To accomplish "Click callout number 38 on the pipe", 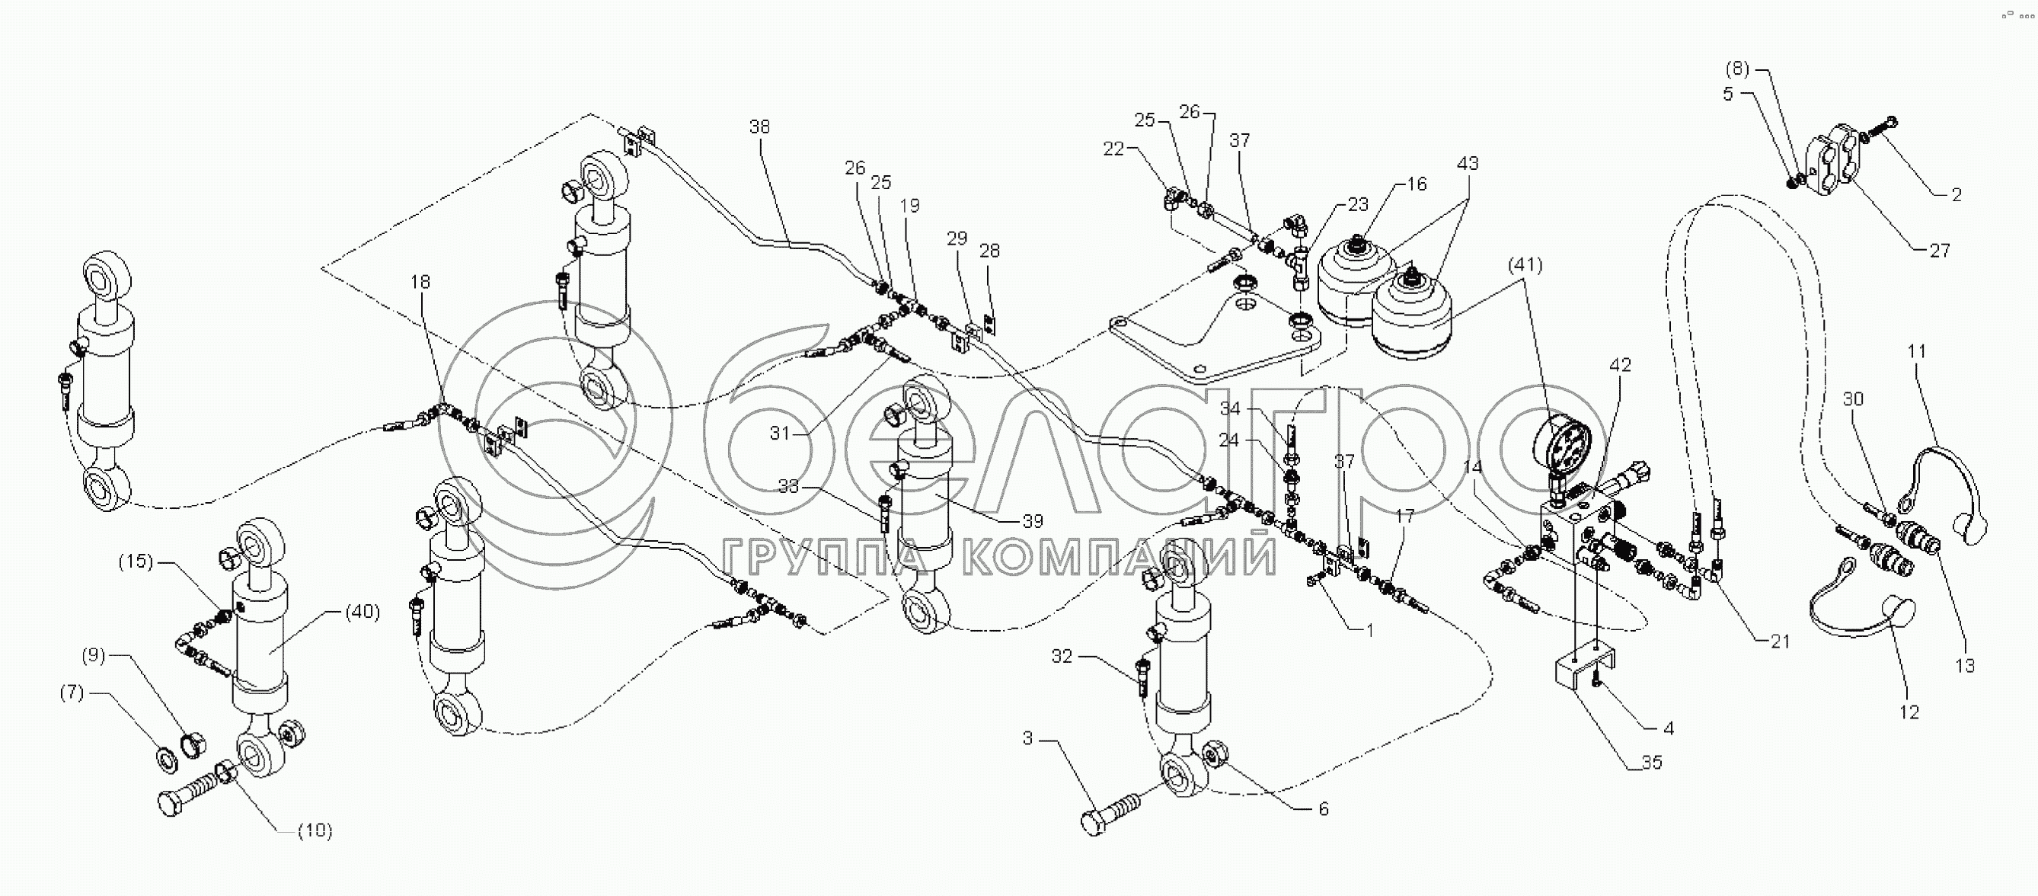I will [x=759, y=126].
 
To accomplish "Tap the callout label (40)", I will [x=363, y=612].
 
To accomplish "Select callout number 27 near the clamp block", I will [x=1939, y=250].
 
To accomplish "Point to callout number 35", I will [x=1652, y=762].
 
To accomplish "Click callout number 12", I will [x=1910, y=712].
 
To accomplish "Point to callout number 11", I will [x=1916, y=350].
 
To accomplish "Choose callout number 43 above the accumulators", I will [x=1468, y=163].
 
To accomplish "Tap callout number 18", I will [x=420, y=282].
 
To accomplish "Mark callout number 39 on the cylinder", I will [x=1033, y=521].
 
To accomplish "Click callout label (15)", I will [x=136, y=562].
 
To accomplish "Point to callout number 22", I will [x=1113, y=148].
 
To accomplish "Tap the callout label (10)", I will [x=315, y=830].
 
